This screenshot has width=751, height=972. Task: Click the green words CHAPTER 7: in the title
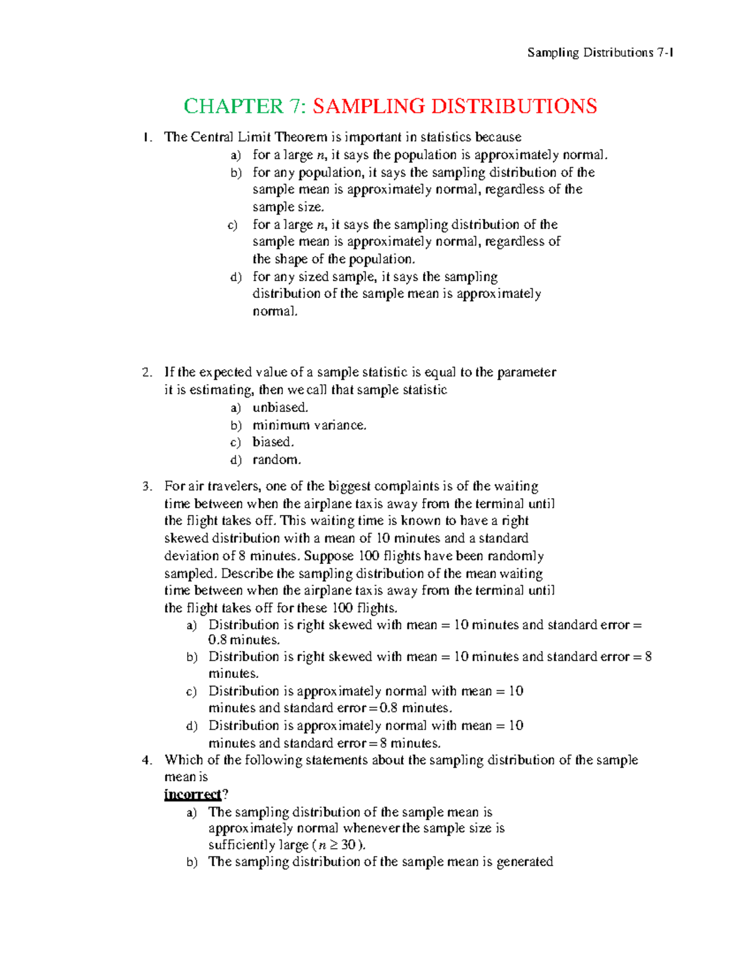coord(244,106)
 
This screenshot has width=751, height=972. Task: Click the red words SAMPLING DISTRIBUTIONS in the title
coord(455,106)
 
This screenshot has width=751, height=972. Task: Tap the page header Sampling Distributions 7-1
coord(600,53)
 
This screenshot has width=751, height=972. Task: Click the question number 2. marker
coord(146,372)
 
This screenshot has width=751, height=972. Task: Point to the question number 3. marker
coord(146,486)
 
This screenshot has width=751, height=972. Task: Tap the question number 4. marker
coord(146,760)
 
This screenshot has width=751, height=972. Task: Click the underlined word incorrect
coord(193,794)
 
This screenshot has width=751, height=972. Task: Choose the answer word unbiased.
coord(280,407)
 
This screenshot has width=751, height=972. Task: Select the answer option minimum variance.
coord(309,425)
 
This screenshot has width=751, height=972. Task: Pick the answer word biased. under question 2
coord(273,442)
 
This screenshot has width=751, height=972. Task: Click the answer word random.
coord(277,459)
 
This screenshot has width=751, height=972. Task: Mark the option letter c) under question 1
coord(233,225)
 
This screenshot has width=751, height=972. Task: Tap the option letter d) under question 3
coord(192,726)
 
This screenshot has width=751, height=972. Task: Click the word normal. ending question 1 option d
coord(275,311)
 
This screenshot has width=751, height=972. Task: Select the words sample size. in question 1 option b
coord(288,207)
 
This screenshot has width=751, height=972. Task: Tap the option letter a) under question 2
coord(235,408)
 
